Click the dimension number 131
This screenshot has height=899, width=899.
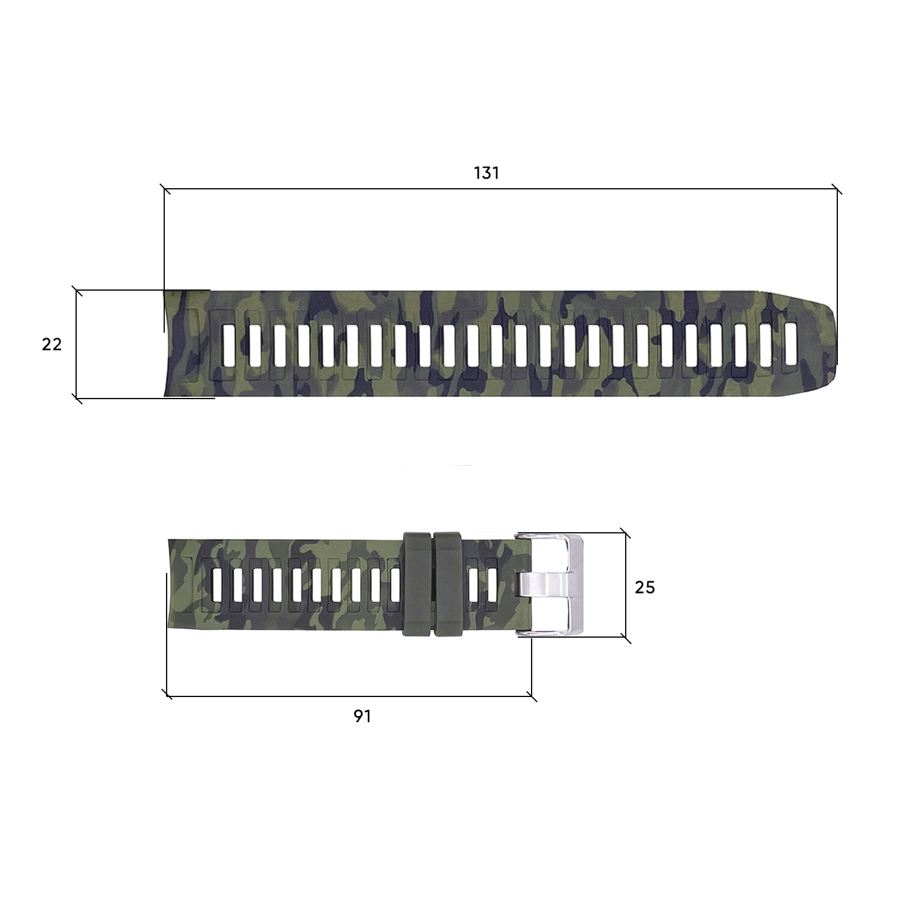pos(486,173)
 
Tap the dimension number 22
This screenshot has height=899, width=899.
pos(52,345)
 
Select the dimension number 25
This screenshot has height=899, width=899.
pos(645,587)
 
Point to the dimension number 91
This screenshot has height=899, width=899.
pos(362,716)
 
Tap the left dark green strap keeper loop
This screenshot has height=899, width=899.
pos(418,585)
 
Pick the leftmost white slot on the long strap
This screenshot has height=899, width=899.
pos(228,345)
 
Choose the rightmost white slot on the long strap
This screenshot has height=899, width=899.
pos(791,344)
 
